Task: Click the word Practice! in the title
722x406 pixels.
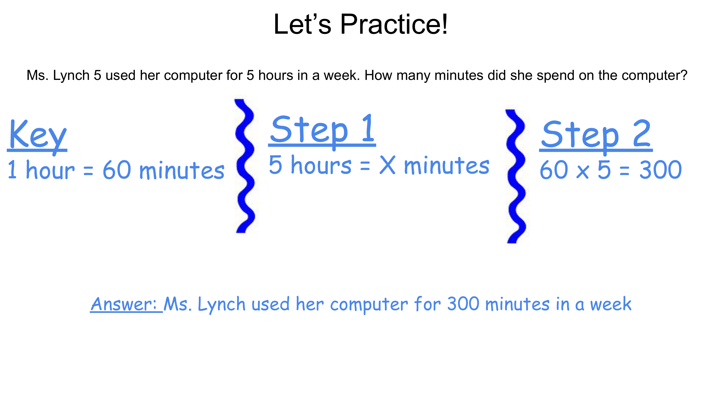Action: coord(394,24)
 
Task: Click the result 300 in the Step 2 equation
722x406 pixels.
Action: coord(661,170)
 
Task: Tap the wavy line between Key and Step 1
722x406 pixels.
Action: coord(245,166)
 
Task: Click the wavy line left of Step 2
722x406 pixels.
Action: coord(516,176)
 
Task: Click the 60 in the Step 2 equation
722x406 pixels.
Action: coord(554,170)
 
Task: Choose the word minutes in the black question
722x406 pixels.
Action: coord(459,75)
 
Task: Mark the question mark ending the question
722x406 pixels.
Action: coord(683,75)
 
